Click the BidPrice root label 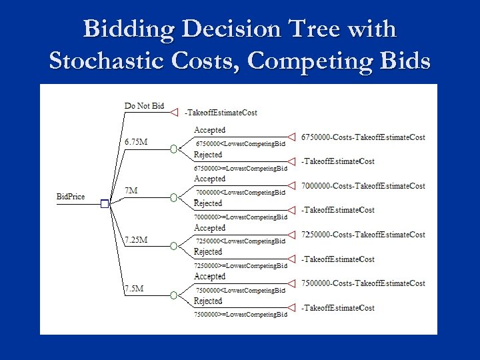pos(71,197)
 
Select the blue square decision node pos(104,204)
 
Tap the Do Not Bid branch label pos(144,106)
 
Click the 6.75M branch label pos(136,141)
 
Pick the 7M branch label pos(131,191)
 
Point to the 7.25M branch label pos(136,239)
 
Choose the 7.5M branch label pos(134,288)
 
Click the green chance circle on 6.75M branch pos(173,149)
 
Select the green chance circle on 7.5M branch pos(173,295)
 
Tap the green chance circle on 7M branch pos(173,197)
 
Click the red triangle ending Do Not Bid pos(174,112)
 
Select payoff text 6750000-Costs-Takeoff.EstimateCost pos(363,137)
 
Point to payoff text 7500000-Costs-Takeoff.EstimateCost pos(363,283)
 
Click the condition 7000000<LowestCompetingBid pos(240,193)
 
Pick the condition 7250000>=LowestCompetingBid pos(240,265)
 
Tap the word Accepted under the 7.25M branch pos(209,228)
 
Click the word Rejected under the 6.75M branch pos(207,155)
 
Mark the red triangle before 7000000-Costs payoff pos(291,185)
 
